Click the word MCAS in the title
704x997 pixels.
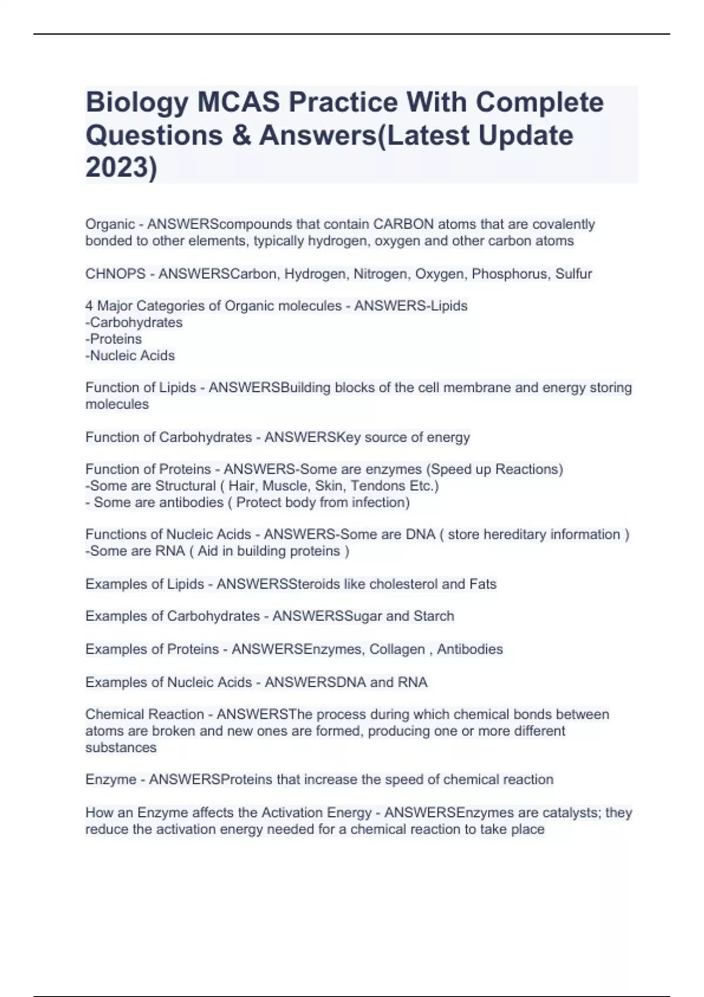(x=238, y=103)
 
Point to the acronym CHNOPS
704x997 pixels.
(x=115, y=274)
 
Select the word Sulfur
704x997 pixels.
(x=574, y=274)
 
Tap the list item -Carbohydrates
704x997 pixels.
(x=134, y=323)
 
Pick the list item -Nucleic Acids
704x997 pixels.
(x=130, y=355)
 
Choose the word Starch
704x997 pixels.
(x=434, y=616)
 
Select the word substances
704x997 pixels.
(x=121, y=748)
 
